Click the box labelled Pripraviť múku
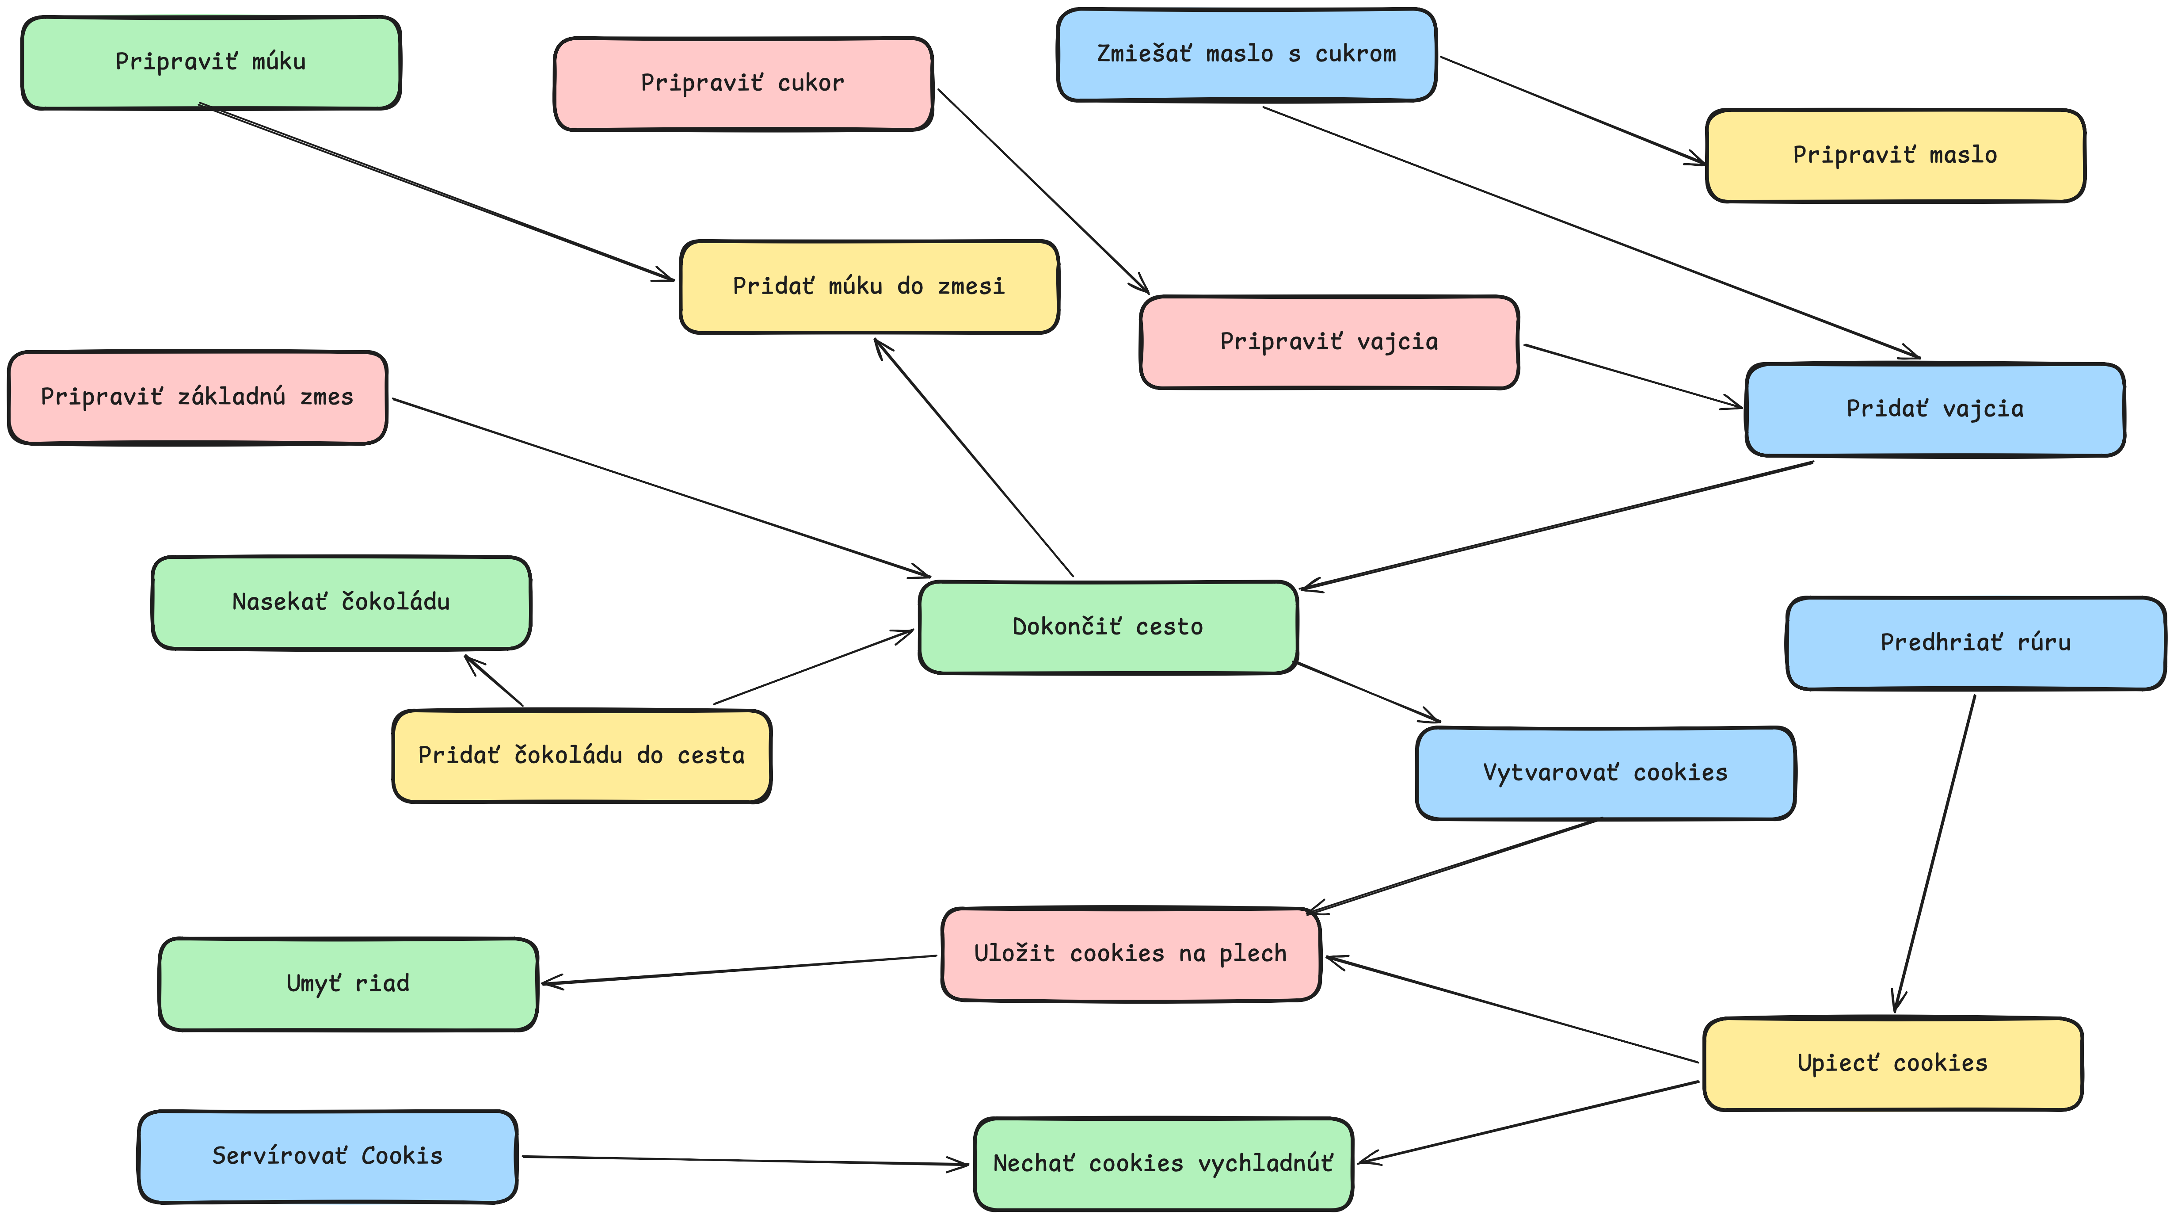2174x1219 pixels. pyautogui.click(x=211, y=62)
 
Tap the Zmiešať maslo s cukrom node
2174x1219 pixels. pyautogui.click(x=1246, y=55)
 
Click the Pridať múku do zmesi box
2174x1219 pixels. pyautogui.click(x=869, y=287)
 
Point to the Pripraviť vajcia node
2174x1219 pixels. pyautogui.click(x=1329, y=342)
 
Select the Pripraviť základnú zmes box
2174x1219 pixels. pyautogui.click(x=198, y=397)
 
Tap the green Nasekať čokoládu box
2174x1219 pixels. pyautogui.click(x=341, y=603)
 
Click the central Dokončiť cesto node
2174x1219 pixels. pyautogui.click(x=1108, y=627)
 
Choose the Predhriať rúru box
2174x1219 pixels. pyautogui.click(x=1976, y=643)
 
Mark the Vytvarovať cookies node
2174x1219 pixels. pyautogui.click(x=1605, y=773)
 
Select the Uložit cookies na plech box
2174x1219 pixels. pyautogui.click(x=1131, y=955)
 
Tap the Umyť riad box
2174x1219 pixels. pyautogui.click(x=348, y=984)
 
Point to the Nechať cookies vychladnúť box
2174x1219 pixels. pyautogui.click(x=1163, y=1164)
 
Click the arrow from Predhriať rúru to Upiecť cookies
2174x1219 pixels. pyautogui.click(x=1934, y=852)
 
